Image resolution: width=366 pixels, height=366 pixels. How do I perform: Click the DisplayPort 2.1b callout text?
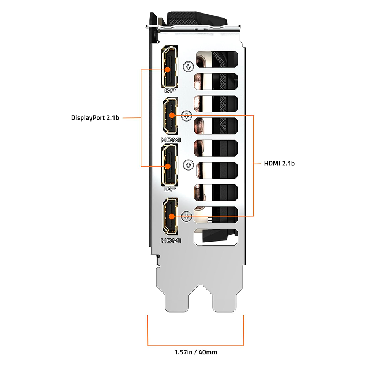click(95, 118)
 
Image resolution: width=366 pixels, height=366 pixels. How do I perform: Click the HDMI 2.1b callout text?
click(279, 163)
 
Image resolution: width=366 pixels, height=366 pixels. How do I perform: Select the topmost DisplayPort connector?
click(169, 67)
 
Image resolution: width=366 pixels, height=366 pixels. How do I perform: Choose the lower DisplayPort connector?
click(169, 165)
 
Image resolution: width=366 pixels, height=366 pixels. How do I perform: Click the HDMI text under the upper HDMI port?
click(171, 139)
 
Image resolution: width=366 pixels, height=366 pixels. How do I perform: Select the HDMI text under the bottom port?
click(171, 240)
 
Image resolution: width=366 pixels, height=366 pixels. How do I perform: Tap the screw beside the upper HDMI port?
click(187, 116)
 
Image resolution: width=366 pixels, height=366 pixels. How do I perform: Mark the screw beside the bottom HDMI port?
click(187, 216)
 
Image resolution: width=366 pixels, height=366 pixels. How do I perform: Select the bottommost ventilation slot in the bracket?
click(217, 238)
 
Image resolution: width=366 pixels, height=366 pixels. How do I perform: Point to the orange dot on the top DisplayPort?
click(168, 69)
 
